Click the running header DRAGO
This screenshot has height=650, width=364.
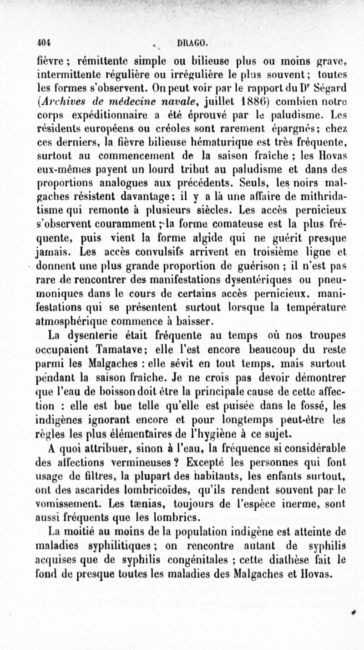194,44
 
